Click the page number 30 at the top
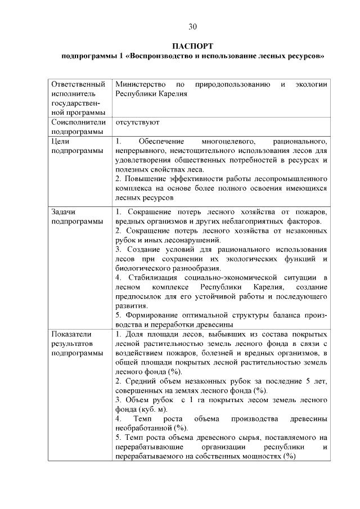pos(192,26)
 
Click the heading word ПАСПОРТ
pos(192,46)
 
